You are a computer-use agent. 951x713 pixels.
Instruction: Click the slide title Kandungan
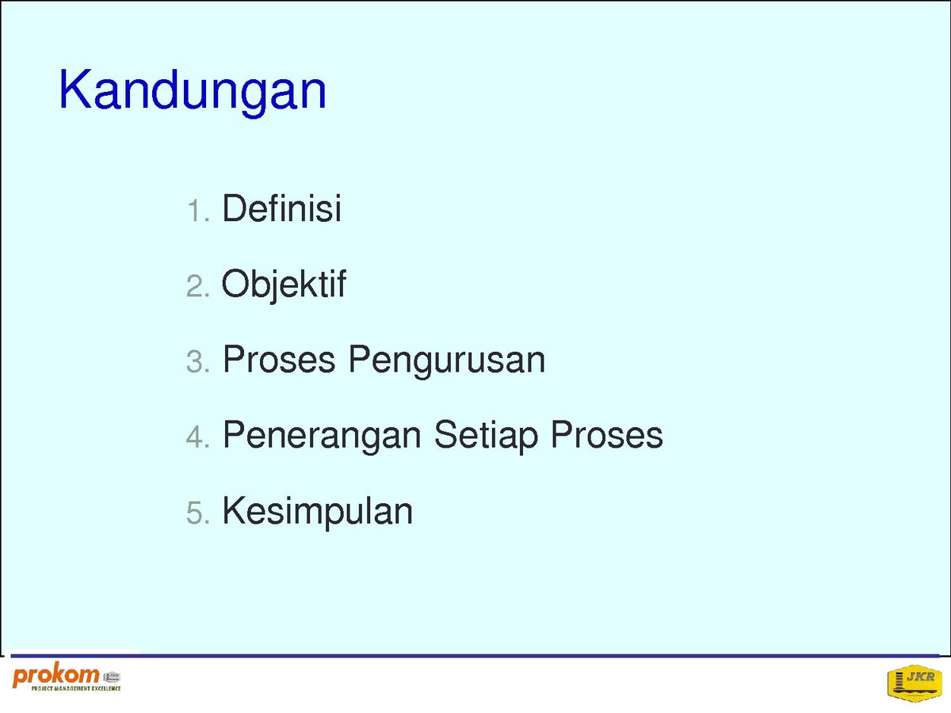click(193, 92)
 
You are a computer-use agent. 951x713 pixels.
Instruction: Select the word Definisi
click(281, 208)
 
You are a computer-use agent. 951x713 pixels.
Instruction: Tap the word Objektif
click(284, 284)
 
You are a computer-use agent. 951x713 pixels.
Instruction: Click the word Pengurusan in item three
click(447, 360)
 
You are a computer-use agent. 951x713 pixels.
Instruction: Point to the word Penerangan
click(322, 436)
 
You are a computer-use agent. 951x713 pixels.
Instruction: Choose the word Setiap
click(486, 436)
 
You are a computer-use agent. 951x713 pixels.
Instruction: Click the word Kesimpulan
click(317, 512)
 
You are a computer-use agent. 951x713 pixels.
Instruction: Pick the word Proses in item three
click(279, 360)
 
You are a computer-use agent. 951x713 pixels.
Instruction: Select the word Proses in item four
click(607, 435)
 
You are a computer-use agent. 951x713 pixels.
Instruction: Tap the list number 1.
click(198, 211)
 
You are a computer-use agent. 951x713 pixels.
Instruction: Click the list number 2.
click(198, 286)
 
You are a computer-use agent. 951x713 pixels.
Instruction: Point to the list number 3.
click(198, 361)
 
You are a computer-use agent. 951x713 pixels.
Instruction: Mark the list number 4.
click(198, 437)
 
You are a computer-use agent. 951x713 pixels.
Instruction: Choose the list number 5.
click(198, 513)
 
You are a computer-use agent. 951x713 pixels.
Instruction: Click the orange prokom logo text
click(56, 677)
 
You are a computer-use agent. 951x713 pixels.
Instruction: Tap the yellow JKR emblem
click(915, 683)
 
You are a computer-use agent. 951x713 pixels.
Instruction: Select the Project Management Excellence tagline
click(76, 688)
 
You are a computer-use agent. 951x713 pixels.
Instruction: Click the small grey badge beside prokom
click(112, 677)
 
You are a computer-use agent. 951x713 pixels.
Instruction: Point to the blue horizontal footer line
click(475, 656)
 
